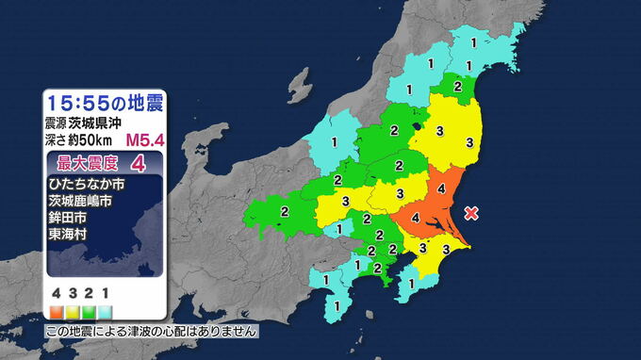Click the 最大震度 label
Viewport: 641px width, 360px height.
pos(84,163)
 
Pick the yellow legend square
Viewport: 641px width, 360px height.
pos(72,309)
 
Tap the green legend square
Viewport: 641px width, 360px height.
pos(89,309)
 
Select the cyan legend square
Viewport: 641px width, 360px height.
pos(106,309)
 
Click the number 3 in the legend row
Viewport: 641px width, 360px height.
pos(73,293)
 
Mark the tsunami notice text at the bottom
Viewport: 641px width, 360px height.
pos(151,332)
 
